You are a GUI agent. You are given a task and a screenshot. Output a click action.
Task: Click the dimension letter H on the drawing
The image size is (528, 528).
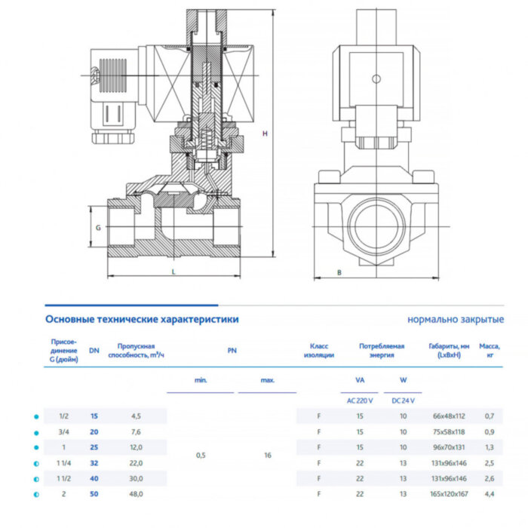coord(265,134)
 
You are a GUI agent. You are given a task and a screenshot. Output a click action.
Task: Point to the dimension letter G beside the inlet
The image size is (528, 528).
coord(98,226)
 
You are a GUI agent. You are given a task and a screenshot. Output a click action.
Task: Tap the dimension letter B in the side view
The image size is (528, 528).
coord(339,272)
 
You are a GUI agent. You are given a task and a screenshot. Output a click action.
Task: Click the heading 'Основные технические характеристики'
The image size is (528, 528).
coord(142,319)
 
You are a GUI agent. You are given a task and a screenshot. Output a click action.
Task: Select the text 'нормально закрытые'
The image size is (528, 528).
coord(456,319)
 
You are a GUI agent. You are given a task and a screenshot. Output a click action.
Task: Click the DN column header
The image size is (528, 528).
coord(94,350)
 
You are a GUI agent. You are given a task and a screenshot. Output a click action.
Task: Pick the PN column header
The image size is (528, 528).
coord(232,350)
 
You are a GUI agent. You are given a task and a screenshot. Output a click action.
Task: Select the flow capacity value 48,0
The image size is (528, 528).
coord(137,494)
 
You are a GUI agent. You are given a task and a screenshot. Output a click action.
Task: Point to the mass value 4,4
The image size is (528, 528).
coord(490,494)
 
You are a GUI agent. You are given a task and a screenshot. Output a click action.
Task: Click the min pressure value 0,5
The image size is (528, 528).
coord(200,456)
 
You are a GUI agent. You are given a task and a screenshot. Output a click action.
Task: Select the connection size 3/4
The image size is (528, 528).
coord(63,432)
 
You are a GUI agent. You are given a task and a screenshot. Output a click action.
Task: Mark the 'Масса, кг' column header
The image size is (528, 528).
coord(490,350)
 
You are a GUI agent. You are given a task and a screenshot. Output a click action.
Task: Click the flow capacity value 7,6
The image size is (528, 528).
coord(137,432)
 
